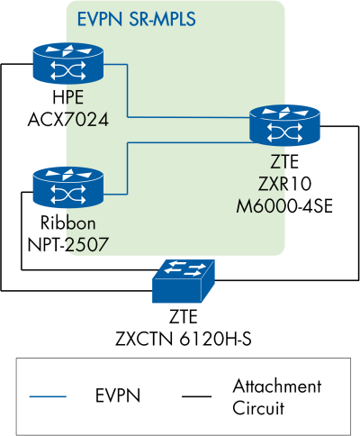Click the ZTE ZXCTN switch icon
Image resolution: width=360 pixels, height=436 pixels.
click(x=184, y=281)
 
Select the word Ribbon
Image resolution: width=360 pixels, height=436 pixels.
click(x=65, y=223)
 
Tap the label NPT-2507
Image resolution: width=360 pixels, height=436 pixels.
click(x=65, y=241)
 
